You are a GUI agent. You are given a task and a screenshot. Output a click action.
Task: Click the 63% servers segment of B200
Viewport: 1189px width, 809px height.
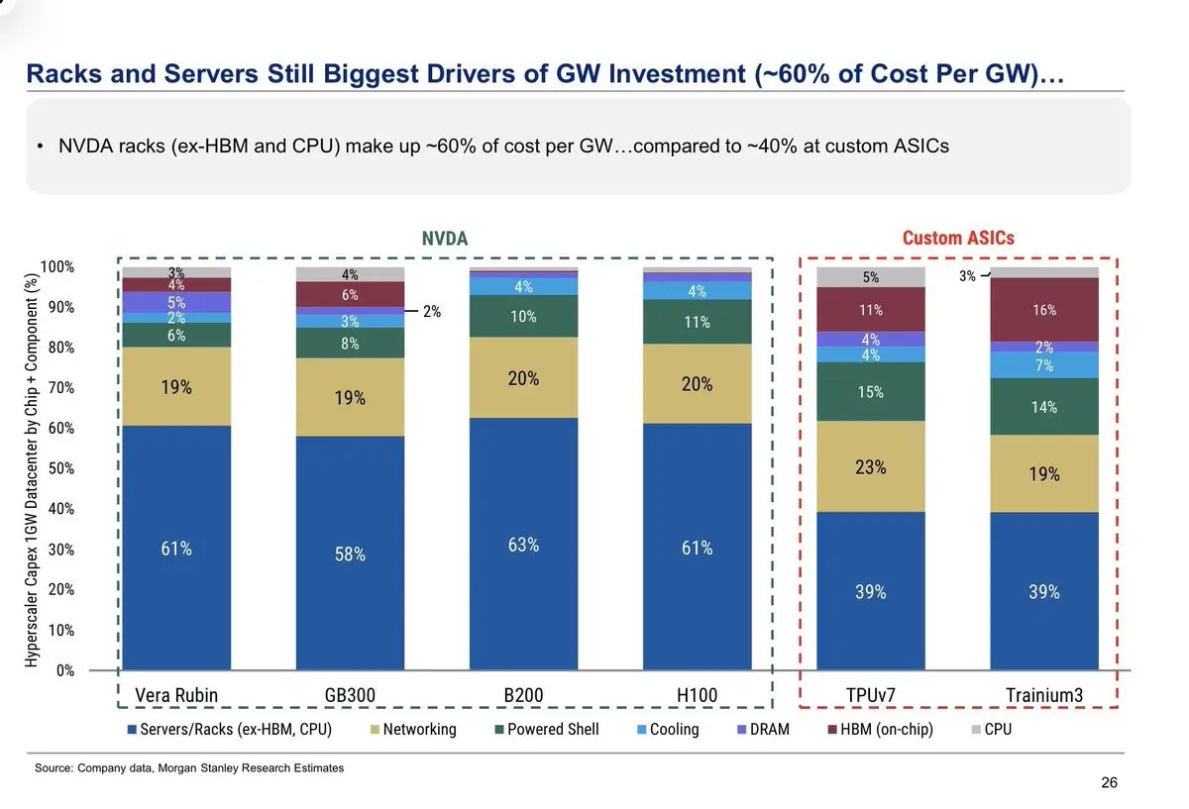pyautogui.click(x=523, y=544)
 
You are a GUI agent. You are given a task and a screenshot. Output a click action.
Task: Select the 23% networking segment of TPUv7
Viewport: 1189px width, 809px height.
pyautogui.click(x=871, y=466)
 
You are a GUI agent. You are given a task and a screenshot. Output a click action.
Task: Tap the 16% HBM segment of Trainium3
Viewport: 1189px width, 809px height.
pyautogui.click(x=1044, y=310)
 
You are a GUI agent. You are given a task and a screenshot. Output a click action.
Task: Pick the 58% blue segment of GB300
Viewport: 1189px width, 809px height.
pyautogui.click(x=350, y=554)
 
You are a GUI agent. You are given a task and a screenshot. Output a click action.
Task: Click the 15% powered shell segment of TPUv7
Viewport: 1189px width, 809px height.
pyautogui.click(x=871, y=392)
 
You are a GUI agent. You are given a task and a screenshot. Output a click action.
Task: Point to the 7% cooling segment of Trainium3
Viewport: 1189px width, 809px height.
pyautogui.click(x=1044, y=365)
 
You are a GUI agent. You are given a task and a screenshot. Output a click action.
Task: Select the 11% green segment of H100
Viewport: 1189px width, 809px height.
pyautogui.click(x=697, y=322)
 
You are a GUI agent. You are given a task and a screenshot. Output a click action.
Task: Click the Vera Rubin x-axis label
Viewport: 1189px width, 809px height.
pyautogui.click(x=176, y=695)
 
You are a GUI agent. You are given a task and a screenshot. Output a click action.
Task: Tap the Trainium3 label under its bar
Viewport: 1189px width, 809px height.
pyautogui.click(x=1044, y=695)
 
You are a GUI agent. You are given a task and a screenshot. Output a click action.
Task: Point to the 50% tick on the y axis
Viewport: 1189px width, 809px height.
pyautogui.click(x=61, y=468)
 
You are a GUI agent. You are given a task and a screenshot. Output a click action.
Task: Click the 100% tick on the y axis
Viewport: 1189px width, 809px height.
pyautogui.click(x=57, y=266)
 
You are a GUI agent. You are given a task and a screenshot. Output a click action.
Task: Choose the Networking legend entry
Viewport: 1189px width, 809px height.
pyautogui.click(x=413, y=730)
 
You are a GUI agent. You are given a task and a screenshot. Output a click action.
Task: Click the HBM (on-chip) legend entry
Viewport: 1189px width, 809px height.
pyautogui.click(x=881, y=730)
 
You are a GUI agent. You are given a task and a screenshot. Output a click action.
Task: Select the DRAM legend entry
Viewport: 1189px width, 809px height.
pyautogui.click(x=763, y=730)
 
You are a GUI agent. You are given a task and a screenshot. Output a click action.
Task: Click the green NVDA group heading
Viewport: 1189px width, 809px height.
pyautogui.click(x=445, y=239)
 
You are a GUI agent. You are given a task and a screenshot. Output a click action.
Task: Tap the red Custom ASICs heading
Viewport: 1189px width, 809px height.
pyautogui.click(x=958, y=239)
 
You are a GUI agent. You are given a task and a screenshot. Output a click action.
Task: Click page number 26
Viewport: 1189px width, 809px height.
pyautogui.click(x=1109, y=782)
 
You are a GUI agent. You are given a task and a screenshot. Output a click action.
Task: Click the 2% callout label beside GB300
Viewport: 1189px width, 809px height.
pyautogui.click(x=432, y=311)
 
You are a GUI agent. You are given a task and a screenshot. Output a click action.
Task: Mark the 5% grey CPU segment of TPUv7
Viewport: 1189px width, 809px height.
pyautogui.click(x=871, y=277)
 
